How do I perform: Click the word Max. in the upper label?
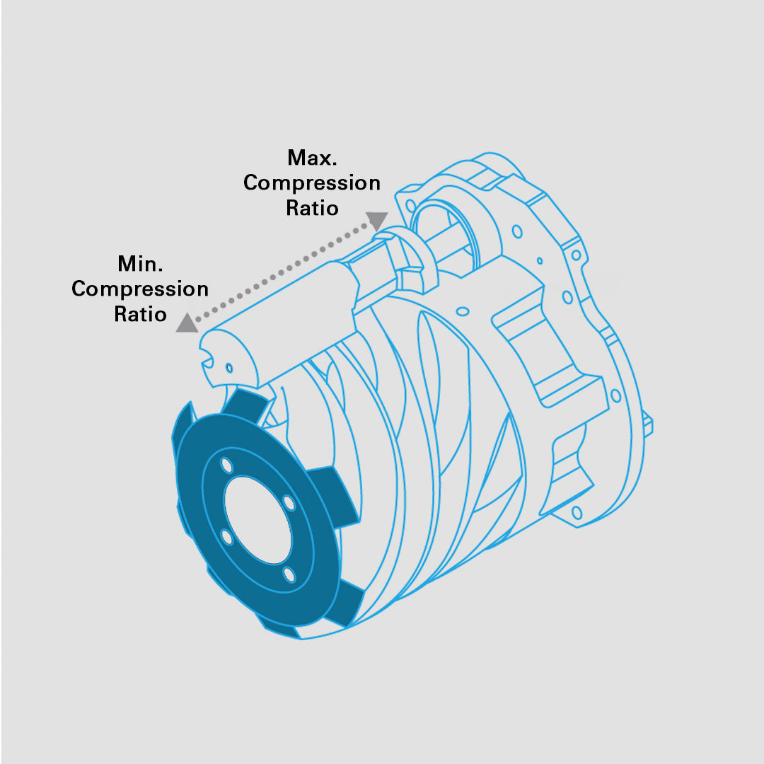313,158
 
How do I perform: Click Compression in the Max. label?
312,183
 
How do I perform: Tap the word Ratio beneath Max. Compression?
313,208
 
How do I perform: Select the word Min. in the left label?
140,264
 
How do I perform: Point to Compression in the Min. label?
140,289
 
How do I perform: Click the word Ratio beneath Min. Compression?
140,314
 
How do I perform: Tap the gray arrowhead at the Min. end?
187,323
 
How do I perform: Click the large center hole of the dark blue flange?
257,520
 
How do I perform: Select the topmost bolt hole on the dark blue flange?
226,465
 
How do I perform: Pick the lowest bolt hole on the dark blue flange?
289,574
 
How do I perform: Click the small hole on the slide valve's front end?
229,368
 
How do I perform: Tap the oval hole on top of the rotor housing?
463,311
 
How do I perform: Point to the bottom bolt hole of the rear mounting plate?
577,513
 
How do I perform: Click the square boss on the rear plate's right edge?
647,422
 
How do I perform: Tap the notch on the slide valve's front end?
207,362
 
